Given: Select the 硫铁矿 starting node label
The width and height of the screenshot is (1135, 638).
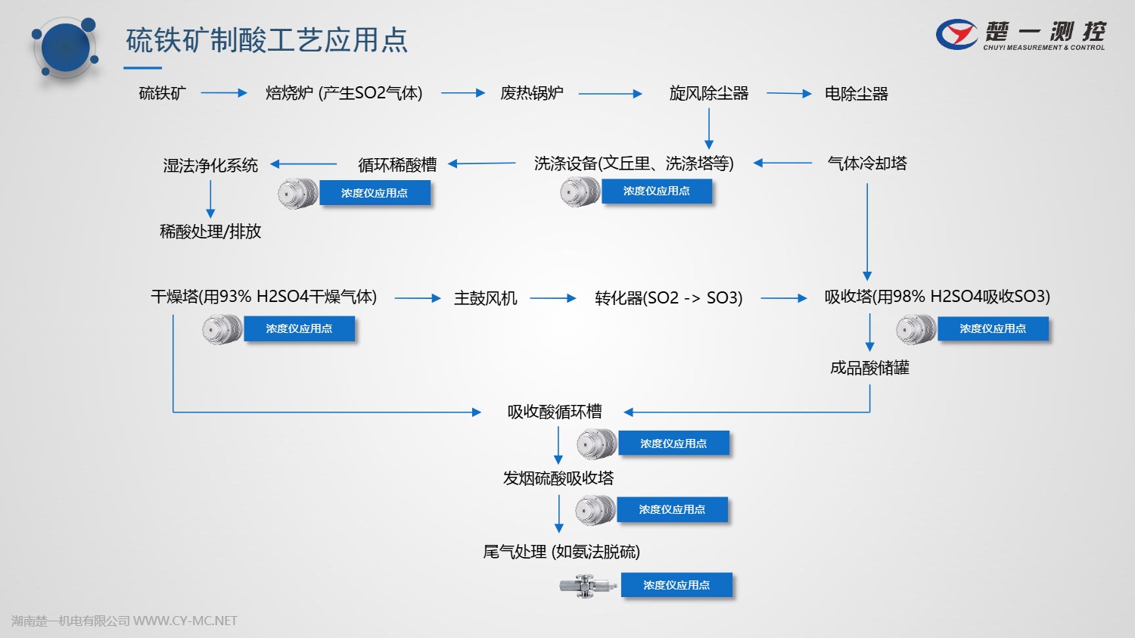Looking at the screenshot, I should tap(162, 93).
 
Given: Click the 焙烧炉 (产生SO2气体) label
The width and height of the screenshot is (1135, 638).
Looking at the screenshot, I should tap(344, 93).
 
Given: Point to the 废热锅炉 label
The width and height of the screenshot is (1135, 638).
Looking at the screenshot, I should tap(531, 93).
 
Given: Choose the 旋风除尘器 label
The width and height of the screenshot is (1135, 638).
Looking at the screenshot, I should tap(708, 93).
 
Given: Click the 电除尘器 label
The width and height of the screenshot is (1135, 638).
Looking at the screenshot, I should tap(856, 94).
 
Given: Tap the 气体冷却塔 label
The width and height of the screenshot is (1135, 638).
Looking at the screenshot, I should tap(867, 163).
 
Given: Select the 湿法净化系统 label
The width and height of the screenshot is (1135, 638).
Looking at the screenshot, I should tap(210, 165).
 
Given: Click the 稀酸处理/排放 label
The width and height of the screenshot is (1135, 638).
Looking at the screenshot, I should tap(210, 232).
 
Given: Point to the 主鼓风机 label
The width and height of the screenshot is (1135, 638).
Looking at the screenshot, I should tap(485, 298).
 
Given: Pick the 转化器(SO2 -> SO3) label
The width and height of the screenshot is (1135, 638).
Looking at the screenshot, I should tap(668, 298).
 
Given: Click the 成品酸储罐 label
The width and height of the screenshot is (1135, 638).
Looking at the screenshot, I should tap(869, 368).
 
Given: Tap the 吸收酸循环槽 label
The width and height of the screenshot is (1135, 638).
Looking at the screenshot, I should tap(555, 412).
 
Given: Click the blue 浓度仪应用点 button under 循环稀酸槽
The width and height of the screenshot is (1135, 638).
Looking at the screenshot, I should tap(375, 193).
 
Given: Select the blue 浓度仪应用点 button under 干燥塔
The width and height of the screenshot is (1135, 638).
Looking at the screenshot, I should tap(299, 329).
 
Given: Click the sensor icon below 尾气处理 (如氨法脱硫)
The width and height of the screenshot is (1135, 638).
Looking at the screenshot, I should tap(587, 585).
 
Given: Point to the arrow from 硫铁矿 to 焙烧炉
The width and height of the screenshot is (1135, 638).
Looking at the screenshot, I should tap(224, 93).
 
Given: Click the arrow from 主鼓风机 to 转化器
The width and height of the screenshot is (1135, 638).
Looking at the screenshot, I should tap(553, 298).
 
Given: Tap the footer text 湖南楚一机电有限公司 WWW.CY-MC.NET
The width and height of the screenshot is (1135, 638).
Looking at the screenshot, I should tap(124, 621).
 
